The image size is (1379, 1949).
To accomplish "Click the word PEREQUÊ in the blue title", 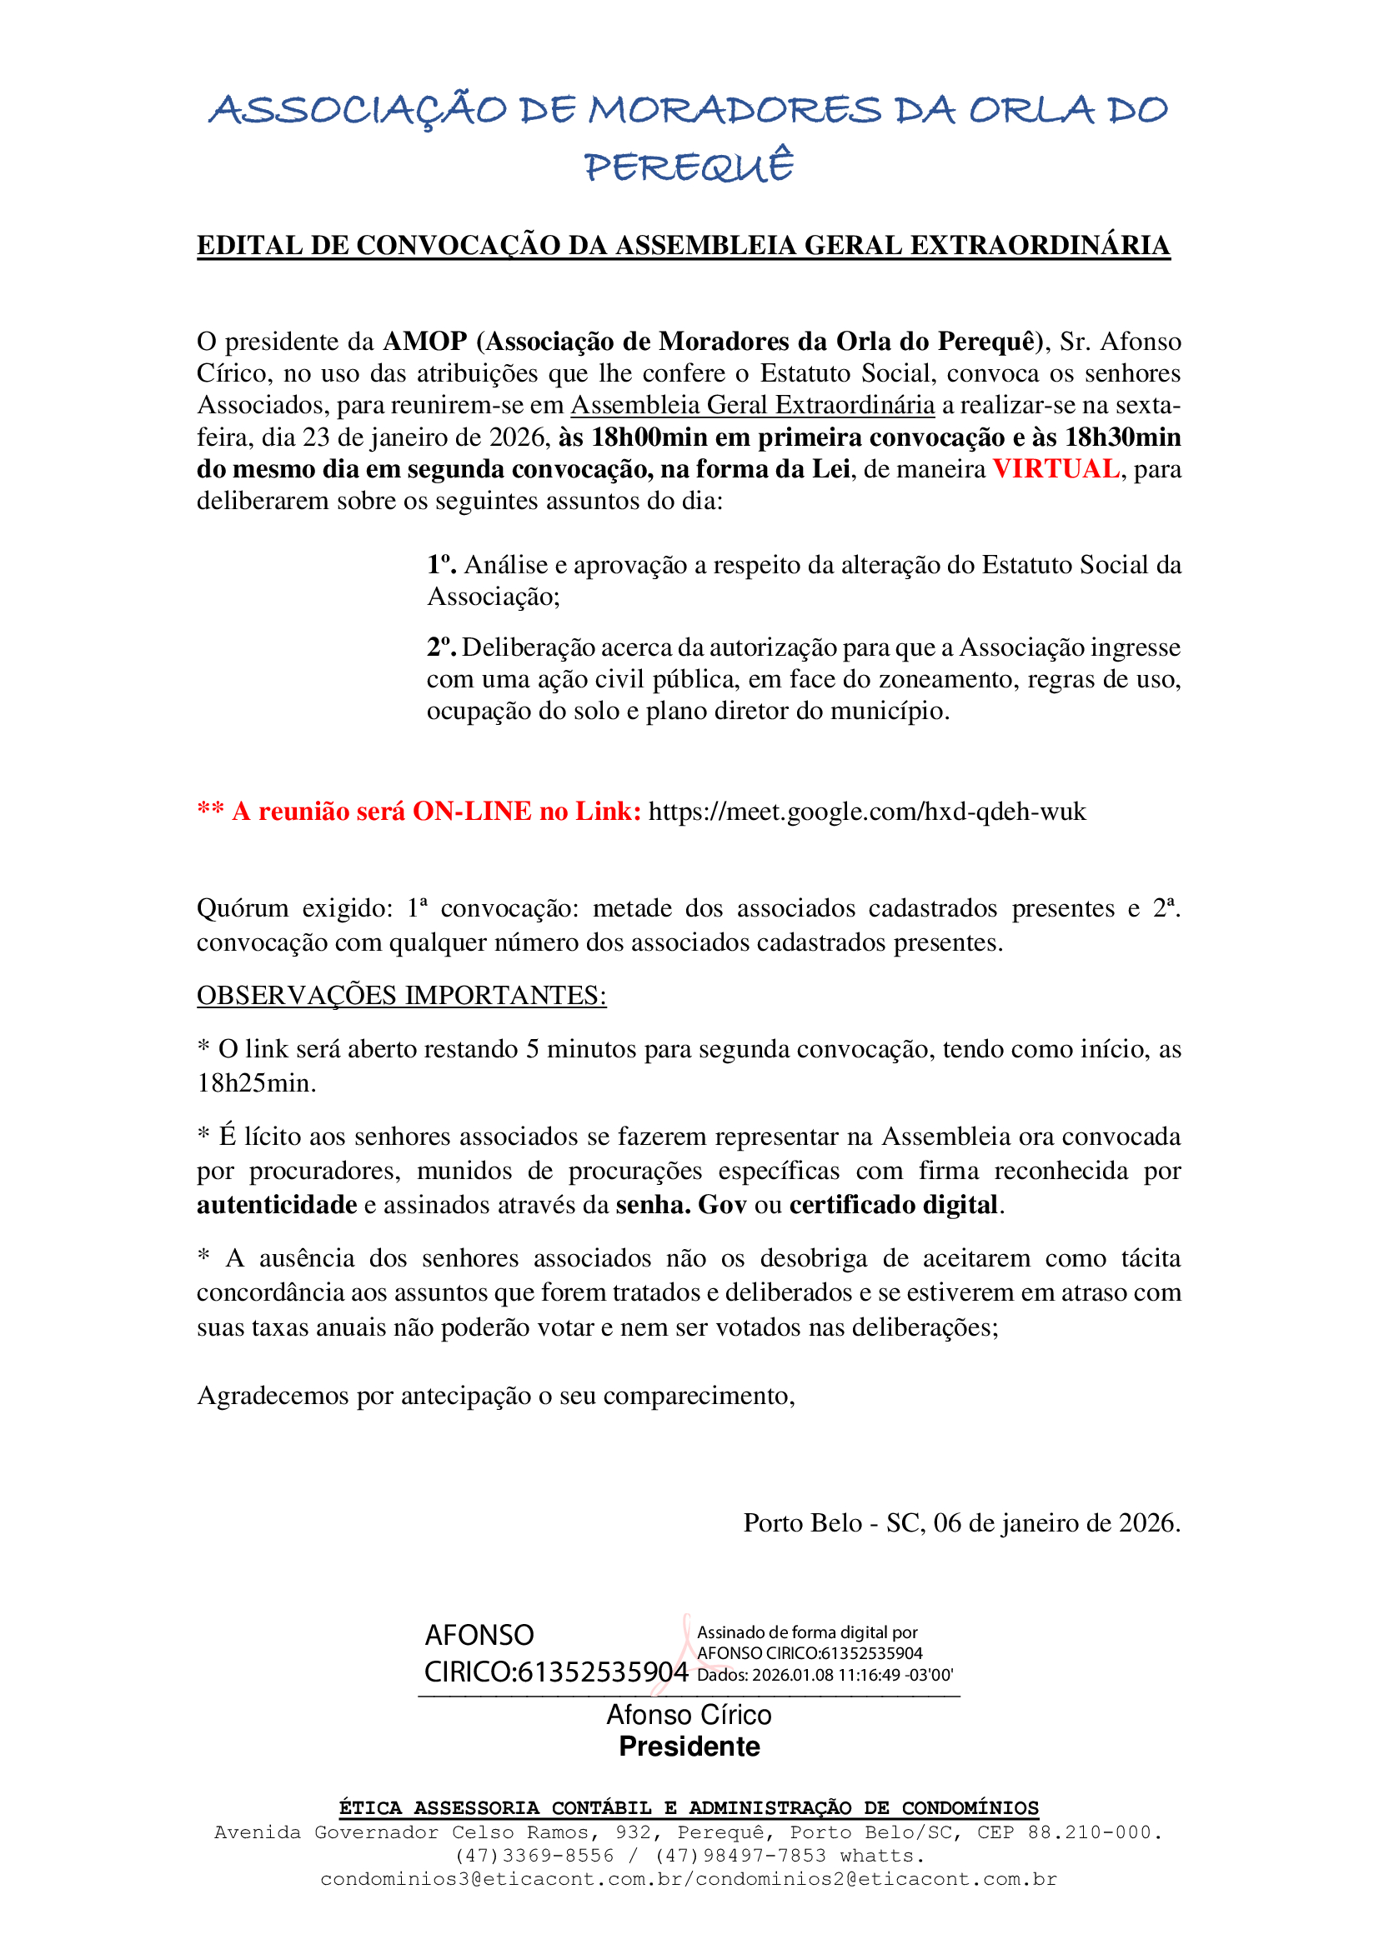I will (x=689, y=167).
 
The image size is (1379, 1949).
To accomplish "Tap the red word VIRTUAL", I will (x=1056, y=468).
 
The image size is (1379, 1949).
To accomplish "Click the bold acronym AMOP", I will (x=424, y=342).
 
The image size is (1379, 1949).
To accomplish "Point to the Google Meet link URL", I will (x=867, y=812).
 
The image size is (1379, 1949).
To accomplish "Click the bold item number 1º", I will (x=441, y=564).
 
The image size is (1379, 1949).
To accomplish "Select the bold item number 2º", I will (x=441, y=647).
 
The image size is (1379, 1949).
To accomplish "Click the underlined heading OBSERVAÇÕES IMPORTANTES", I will (x=401, y=995).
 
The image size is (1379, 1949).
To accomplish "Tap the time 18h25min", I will (x=256, y=1083).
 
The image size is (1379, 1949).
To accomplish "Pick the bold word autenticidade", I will (x=276, y=1205).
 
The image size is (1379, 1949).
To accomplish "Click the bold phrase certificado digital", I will (x=892, y=1205).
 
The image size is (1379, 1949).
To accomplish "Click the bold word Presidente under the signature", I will (x=689, y=1747).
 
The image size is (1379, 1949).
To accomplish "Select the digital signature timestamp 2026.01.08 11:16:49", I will (x=825, y=1675).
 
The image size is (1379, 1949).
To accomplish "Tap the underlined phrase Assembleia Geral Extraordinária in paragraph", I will (x=752, y=405).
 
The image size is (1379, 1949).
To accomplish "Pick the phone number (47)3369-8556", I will (x=534, y=1856).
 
